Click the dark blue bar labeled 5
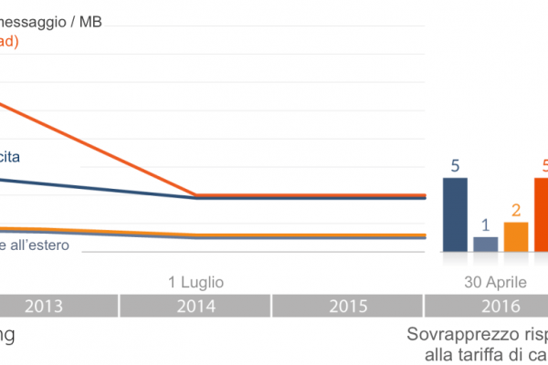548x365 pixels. pyautogui.click(x=455, y=214)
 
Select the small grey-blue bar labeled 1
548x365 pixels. pyautogui.click(x=486, y=244)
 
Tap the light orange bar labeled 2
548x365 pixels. pyautogui.click(x=516, y=236)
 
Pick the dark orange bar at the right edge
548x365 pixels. pyautogui.click(x=541, y=214)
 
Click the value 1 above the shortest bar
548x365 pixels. pyautogui.click(x=486, y=224)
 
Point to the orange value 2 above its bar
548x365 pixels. pyautogui.click(x=516, y=209)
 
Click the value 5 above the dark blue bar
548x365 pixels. pyautogui.click(x=455, y=165)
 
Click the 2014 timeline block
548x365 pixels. pyautogui.click(x=195, y=306)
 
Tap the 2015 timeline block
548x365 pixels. pyautogui.click(x=347, y=306)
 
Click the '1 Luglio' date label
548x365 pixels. pyautogui.click(x=195, y=281)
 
